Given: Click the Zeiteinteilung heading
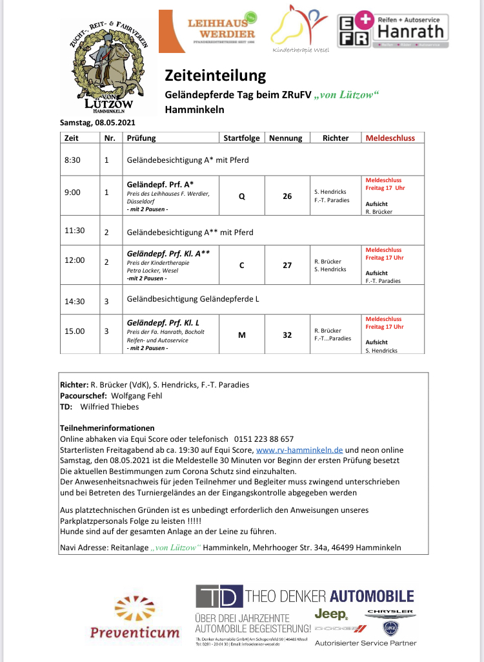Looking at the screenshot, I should pyautogui.click(x=215, y=75).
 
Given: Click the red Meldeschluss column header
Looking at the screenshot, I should pyautogui.click(x=390, y=138).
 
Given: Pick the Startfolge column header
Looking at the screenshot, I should pyautogui.click(x=241, y=138).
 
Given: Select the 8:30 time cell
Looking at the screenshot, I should pyautogui.click(x=72, y=160).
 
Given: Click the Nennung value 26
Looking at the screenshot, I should pyautogui.click(x=287, y=196).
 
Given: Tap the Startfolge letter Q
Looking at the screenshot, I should pyautogui.click(x=241, y=196).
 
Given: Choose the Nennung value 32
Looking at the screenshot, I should pyautogui.click(x=287, y=335).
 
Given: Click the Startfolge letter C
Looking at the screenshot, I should pyautogui.click(x=241, y=265).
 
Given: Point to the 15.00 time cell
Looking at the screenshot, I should pyautogui.click(x=74, y=331).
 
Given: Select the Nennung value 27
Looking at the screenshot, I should pyautogui.click(x=287, y=265).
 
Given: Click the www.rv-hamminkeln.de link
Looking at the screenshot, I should pyautogui.click(x=299, y=450).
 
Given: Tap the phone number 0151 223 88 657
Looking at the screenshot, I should pyautogui.click(x=265, y=439).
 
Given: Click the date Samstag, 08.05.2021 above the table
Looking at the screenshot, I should pyautogui.click(x=97, y=123).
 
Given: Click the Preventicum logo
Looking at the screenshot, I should pyautogui.click(x=134, y=619).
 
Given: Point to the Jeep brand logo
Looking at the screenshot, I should pyautogui.click(x=330, y=614).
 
